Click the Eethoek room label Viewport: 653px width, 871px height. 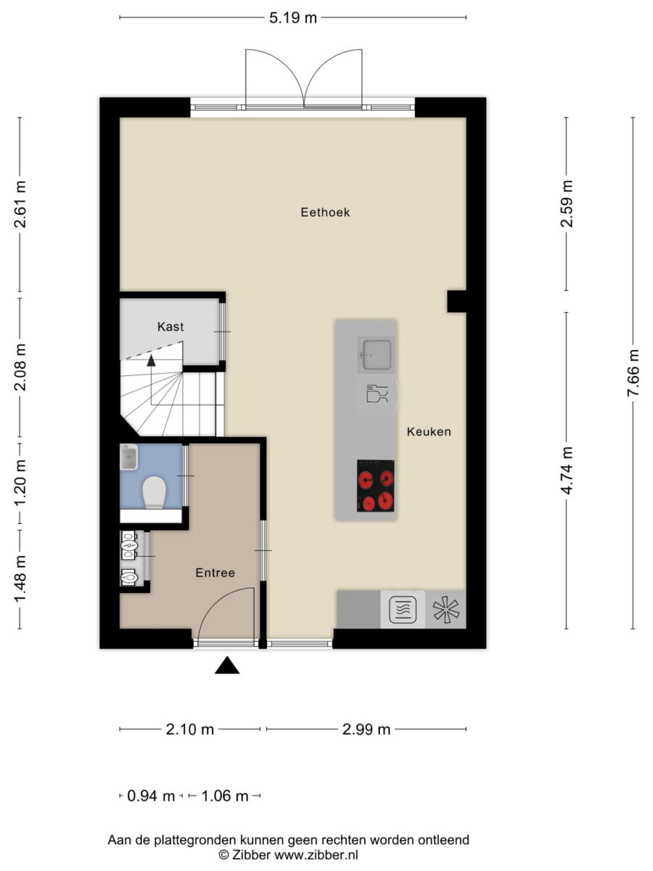click(x=325, y=212)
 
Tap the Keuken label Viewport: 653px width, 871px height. click(x=429, y=432)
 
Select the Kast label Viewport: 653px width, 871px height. click(x=171, y=327)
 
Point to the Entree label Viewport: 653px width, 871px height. click(x=215, y=573)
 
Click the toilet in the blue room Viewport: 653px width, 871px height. click(x=155, y=492)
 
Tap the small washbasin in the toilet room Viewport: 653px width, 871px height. click(x=128, y=457)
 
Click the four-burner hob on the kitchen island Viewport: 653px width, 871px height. click(x=375, y=486)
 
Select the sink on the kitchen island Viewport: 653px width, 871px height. click(x=376, y=355)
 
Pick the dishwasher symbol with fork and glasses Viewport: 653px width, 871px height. click(x=377, y=394)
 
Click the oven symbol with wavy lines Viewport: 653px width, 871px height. click(x=403, y=610)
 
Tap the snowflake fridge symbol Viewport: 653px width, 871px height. click(x=446, y=609)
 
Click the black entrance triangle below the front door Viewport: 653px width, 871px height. click(x=227, y=665)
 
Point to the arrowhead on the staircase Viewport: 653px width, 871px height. click(x=151, y=360)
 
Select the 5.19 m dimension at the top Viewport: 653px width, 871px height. click(x=293, y=18)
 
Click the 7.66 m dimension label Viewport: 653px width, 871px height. click(x=633, y=372)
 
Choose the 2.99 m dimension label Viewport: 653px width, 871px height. click(x=366, y=729)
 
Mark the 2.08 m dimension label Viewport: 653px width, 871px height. click(x=20, y=367)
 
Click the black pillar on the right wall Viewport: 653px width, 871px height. click(x=457, y=301)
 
